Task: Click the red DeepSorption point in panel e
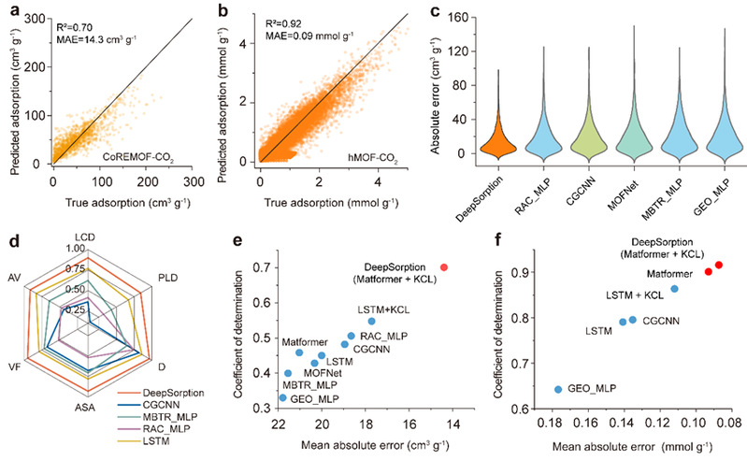pyautogui.click(x=443, y=266)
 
